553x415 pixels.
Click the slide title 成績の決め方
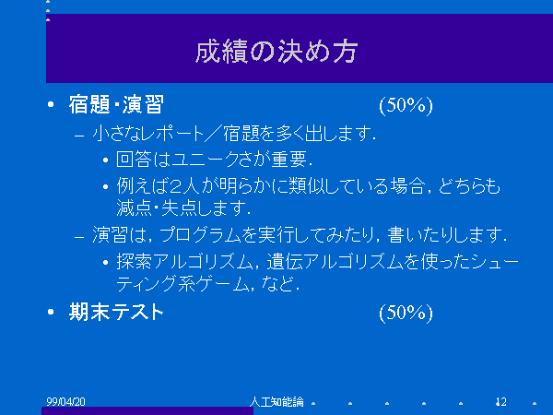(276, 52)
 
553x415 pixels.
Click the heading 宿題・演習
(116, 104)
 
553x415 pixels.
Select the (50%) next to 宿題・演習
(406, 105)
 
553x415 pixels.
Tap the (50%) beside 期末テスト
(406, 313)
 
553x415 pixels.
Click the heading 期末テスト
(116, 312)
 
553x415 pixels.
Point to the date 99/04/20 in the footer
(66, 401)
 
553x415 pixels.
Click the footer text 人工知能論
(276, 401)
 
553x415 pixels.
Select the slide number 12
(501, 401)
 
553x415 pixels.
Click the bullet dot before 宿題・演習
(51, 104)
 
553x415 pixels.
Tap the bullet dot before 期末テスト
(51, 312)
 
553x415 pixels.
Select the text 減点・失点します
(183, 207)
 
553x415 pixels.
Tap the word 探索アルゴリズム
(185, 262)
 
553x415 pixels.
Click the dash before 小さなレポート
(79, 135)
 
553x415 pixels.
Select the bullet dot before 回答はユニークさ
(105, 160)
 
